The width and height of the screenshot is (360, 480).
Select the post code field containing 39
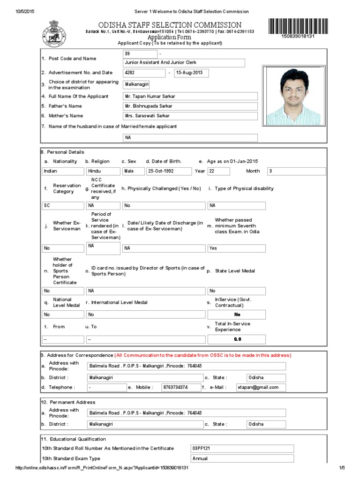tap(139, 54)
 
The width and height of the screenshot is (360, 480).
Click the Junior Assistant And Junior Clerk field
tap(183, 63)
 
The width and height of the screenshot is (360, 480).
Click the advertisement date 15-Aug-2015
tap(191, 73)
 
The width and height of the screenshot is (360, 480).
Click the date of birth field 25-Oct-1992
tap(169, 171)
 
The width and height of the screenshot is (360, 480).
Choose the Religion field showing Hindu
tap(103, 171)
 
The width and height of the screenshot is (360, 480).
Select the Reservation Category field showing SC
tap(62, 205)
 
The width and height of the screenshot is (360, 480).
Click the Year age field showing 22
tap(218, 171)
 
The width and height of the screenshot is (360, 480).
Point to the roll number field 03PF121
tap(242, 449)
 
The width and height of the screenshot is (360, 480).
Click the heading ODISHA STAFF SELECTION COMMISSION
tap(170, 25)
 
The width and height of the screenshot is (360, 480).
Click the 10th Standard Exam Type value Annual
tap(242, 458)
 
